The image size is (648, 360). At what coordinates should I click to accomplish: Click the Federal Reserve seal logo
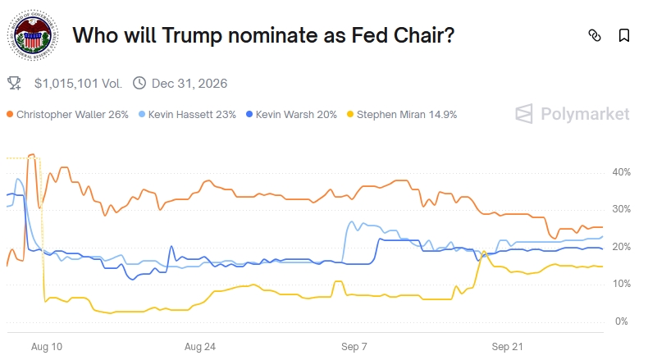click(x=34, y=35)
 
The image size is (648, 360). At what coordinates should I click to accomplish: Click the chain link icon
click(x=595, y=35)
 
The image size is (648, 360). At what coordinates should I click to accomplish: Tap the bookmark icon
click(x=623, y=35)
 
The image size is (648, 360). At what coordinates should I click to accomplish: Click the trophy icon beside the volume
click(x=14, y=83)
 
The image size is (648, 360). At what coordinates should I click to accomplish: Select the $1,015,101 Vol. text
click(x=78, y=83)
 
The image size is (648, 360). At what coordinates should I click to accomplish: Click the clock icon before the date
click(x=139, y=83)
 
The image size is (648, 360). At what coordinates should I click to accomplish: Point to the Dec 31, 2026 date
click(x=189, y=83)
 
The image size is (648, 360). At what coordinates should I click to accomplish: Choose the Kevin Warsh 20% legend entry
click(x=296, y=114)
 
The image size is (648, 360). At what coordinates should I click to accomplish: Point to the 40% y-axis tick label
click(x=621, y=172)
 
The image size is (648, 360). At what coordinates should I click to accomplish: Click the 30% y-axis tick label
click(x=621, y=209)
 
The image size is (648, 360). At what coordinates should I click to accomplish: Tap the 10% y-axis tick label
click(x=621, y=284)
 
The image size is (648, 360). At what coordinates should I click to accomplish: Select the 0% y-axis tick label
click(x=621, y=321)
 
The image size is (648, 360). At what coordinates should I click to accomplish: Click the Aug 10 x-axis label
click(x=46, y=347)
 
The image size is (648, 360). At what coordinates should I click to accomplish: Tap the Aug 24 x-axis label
click(x=200, y=347)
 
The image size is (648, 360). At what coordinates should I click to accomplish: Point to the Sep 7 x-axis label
click(x=354, y=347)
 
